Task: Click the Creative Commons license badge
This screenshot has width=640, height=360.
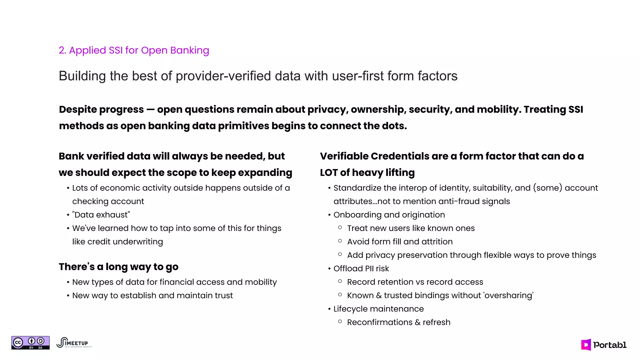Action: tap(30, 343)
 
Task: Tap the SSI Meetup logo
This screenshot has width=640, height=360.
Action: tap(74, 343)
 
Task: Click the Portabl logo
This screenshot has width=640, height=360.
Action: tap(604, 345)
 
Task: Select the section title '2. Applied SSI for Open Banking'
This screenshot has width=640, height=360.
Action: tap(134, 50)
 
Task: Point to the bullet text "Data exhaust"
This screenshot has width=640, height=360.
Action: tap(101, 215)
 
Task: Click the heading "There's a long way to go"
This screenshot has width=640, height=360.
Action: tap(118, 267)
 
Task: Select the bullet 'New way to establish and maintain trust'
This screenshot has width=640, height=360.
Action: tap(152, 295)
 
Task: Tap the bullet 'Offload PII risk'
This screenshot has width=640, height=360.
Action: tap(361, 268)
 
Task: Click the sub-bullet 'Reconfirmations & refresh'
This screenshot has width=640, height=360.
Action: tap(398, 322)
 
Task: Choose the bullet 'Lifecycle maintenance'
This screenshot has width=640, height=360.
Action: tap(378, 309)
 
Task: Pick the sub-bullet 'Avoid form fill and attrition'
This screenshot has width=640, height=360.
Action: tap(400, 242)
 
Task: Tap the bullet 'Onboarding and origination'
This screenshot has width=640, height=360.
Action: tap(389, 215)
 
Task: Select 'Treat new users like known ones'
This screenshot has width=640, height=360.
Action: tap(411, 228)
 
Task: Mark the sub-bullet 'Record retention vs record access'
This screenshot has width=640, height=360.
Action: tap(415, 282)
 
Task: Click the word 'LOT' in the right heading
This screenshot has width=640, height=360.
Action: tap(328, 172)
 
